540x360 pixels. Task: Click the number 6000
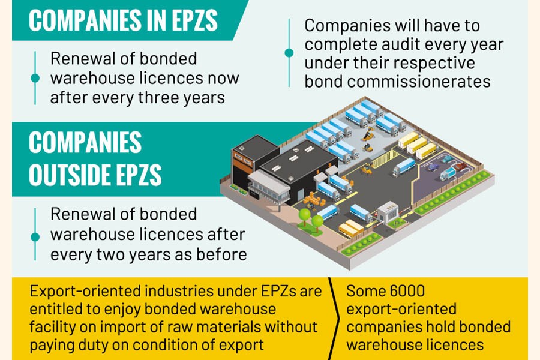(x=403, y=292)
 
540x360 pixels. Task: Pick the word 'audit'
(x=421, y=45)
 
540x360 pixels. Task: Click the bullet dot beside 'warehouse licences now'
(x=35, y=78)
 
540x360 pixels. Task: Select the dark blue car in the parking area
(x=432, y=167)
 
